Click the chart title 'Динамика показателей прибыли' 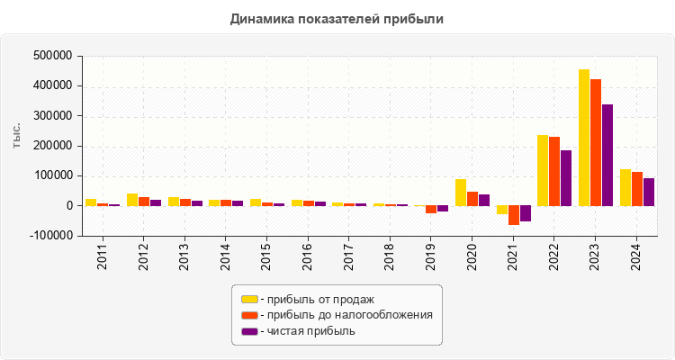coord(337,18)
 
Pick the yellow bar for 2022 coord(543,170)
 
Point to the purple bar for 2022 coord(566,178)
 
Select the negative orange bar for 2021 coord(514,215)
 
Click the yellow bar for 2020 coord(461,192)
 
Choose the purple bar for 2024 coord(649,192)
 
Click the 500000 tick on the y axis coord(51,56)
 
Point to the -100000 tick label coord(49,236)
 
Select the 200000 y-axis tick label coord(51,146)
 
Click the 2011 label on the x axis coord(103,256)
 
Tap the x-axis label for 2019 coord(431,256)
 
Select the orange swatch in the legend coord(249,315)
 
